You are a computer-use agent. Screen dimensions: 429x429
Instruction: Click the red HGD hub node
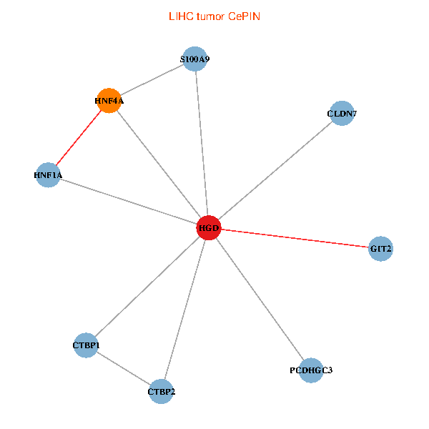(208, 228)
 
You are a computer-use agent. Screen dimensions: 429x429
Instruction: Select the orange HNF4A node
(109, 101)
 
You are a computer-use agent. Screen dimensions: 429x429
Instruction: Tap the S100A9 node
(194, 59)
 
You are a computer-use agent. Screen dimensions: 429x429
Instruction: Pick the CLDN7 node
(342, 113)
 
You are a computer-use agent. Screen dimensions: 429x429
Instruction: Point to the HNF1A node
(48, 174)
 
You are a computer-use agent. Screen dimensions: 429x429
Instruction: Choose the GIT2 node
(380, 249)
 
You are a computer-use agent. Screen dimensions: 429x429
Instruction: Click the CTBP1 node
(86, 345)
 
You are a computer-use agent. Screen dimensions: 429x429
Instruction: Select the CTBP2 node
(161, 391)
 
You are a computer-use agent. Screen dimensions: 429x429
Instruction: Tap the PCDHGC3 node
(311, 370)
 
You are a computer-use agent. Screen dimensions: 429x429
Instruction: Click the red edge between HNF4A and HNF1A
(79, 137)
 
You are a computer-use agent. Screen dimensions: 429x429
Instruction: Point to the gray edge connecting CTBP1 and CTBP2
(123, 368)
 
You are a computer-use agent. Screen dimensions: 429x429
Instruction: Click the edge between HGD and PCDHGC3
(260, 299)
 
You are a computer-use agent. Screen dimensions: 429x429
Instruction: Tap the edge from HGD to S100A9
(201, 143)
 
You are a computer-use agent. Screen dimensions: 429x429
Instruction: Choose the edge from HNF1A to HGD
(129, 202)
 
